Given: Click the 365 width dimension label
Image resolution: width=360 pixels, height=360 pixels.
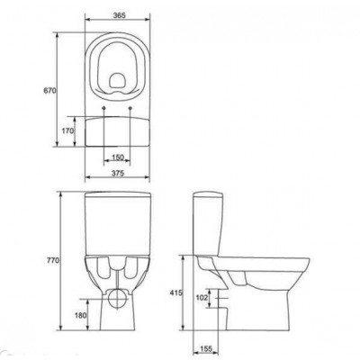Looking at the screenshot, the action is coord(119,15).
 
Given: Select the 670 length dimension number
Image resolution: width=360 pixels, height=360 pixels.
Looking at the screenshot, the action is coord(49,90).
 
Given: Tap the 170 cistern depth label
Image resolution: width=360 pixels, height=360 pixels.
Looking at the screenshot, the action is coord(67,130).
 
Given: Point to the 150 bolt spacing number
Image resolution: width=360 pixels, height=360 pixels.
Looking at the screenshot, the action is coord(118,157).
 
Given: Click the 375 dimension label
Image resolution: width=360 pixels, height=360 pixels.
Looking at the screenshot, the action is coord(118,173).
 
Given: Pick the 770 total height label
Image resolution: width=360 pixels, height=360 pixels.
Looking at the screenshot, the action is coord(53,260).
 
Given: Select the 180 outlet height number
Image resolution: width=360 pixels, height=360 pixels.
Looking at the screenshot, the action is coord(81,315).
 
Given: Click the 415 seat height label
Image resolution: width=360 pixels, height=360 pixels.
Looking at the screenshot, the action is coord(176,292).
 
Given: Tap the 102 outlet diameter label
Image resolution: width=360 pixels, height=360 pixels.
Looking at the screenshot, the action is coord(202,298).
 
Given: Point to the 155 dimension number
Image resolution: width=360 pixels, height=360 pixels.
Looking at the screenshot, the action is coord(206,348).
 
